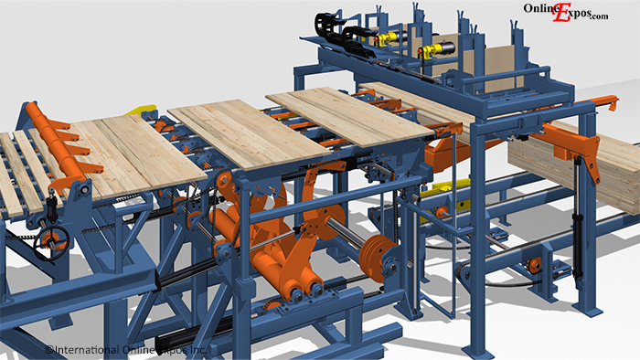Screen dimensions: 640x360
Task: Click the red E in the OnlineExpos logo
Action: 561,13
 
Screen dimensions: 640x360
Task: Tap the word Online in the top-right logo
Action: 539,8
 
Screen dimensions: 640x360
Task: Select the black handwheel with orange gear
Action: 51,242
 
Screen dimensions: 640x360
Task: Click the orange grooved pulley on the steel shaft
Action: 377,258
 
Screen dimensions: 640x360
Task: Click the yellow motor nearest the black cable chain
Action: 386,38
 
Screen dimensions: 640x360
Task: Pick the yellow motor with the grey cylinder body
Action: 437,49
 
